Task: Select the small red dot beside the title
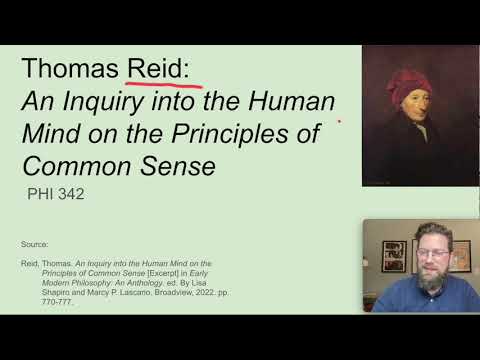click(339, 123)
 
